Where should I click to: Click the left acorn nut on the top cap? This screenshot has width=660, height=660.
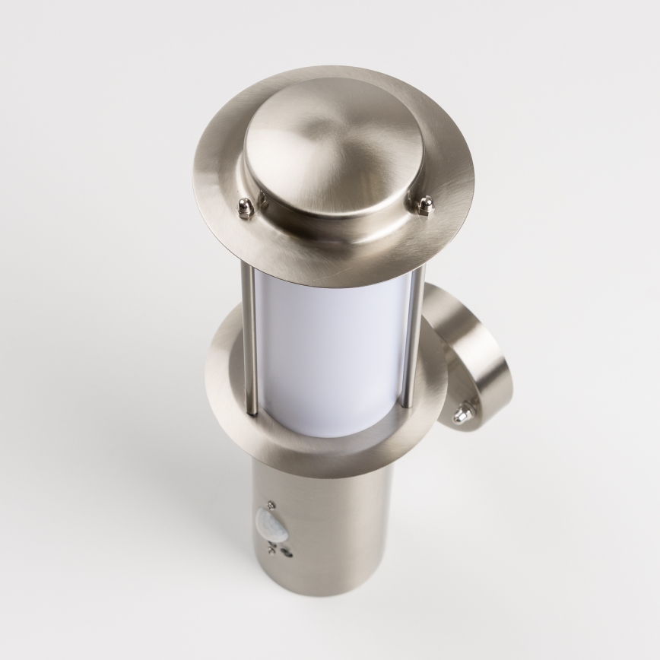coord(245,208)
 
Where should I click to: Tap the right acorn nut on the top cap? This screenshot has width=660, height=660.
coord(426,205)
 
